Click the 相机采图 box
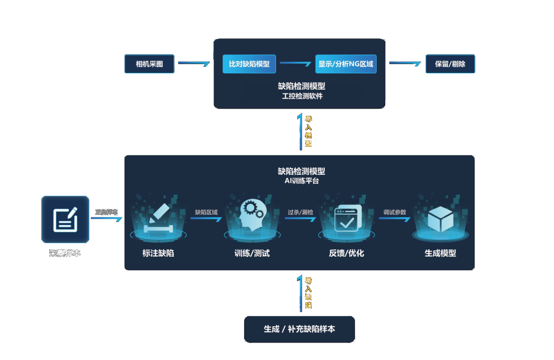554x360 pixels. coord(149,64)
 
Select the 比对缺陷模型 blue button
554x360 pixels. coord(249,64)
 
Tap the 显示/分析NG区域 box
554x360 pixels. coord(346,64)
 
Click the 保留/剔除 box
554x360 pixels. coord(450,64)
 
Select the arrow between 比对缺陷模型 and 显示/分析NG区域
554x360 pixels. coord(296,64)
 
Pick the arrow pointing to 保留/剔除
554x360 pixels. coord(406,64)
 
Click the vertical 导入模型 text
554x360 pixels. coord(308,132)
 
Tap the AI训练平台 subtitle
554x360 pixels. coord(302,181)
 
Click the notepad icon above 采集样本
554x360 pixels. coord(65,219)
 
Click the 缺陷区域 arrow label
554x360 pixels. coord(206,212)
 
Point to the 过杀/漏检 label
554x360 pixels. coord(301,212)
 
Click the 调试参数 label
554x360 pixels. coord(394,212)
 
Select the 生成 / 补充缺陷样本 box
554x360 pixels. coord(299,329)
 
